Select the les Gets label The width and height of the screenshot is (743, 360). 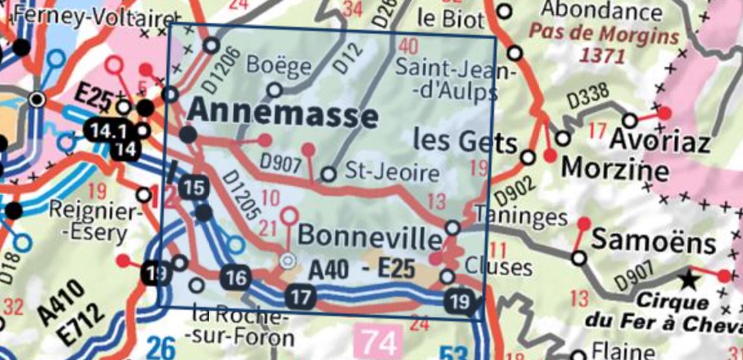click(464, 141)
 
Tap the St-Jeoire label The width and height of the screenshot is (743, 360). click(392, 173)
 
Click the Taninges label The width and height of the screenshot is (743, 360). click(520, 215)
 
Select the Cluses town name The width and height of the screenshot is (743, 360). click(499, 266)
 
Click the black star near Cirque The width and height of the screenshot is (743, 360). click(689, 279)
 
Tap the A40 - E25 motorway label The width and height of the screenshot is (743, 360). click(361, 269)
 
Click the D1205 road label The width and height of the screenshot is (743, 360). click(242, 192)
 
